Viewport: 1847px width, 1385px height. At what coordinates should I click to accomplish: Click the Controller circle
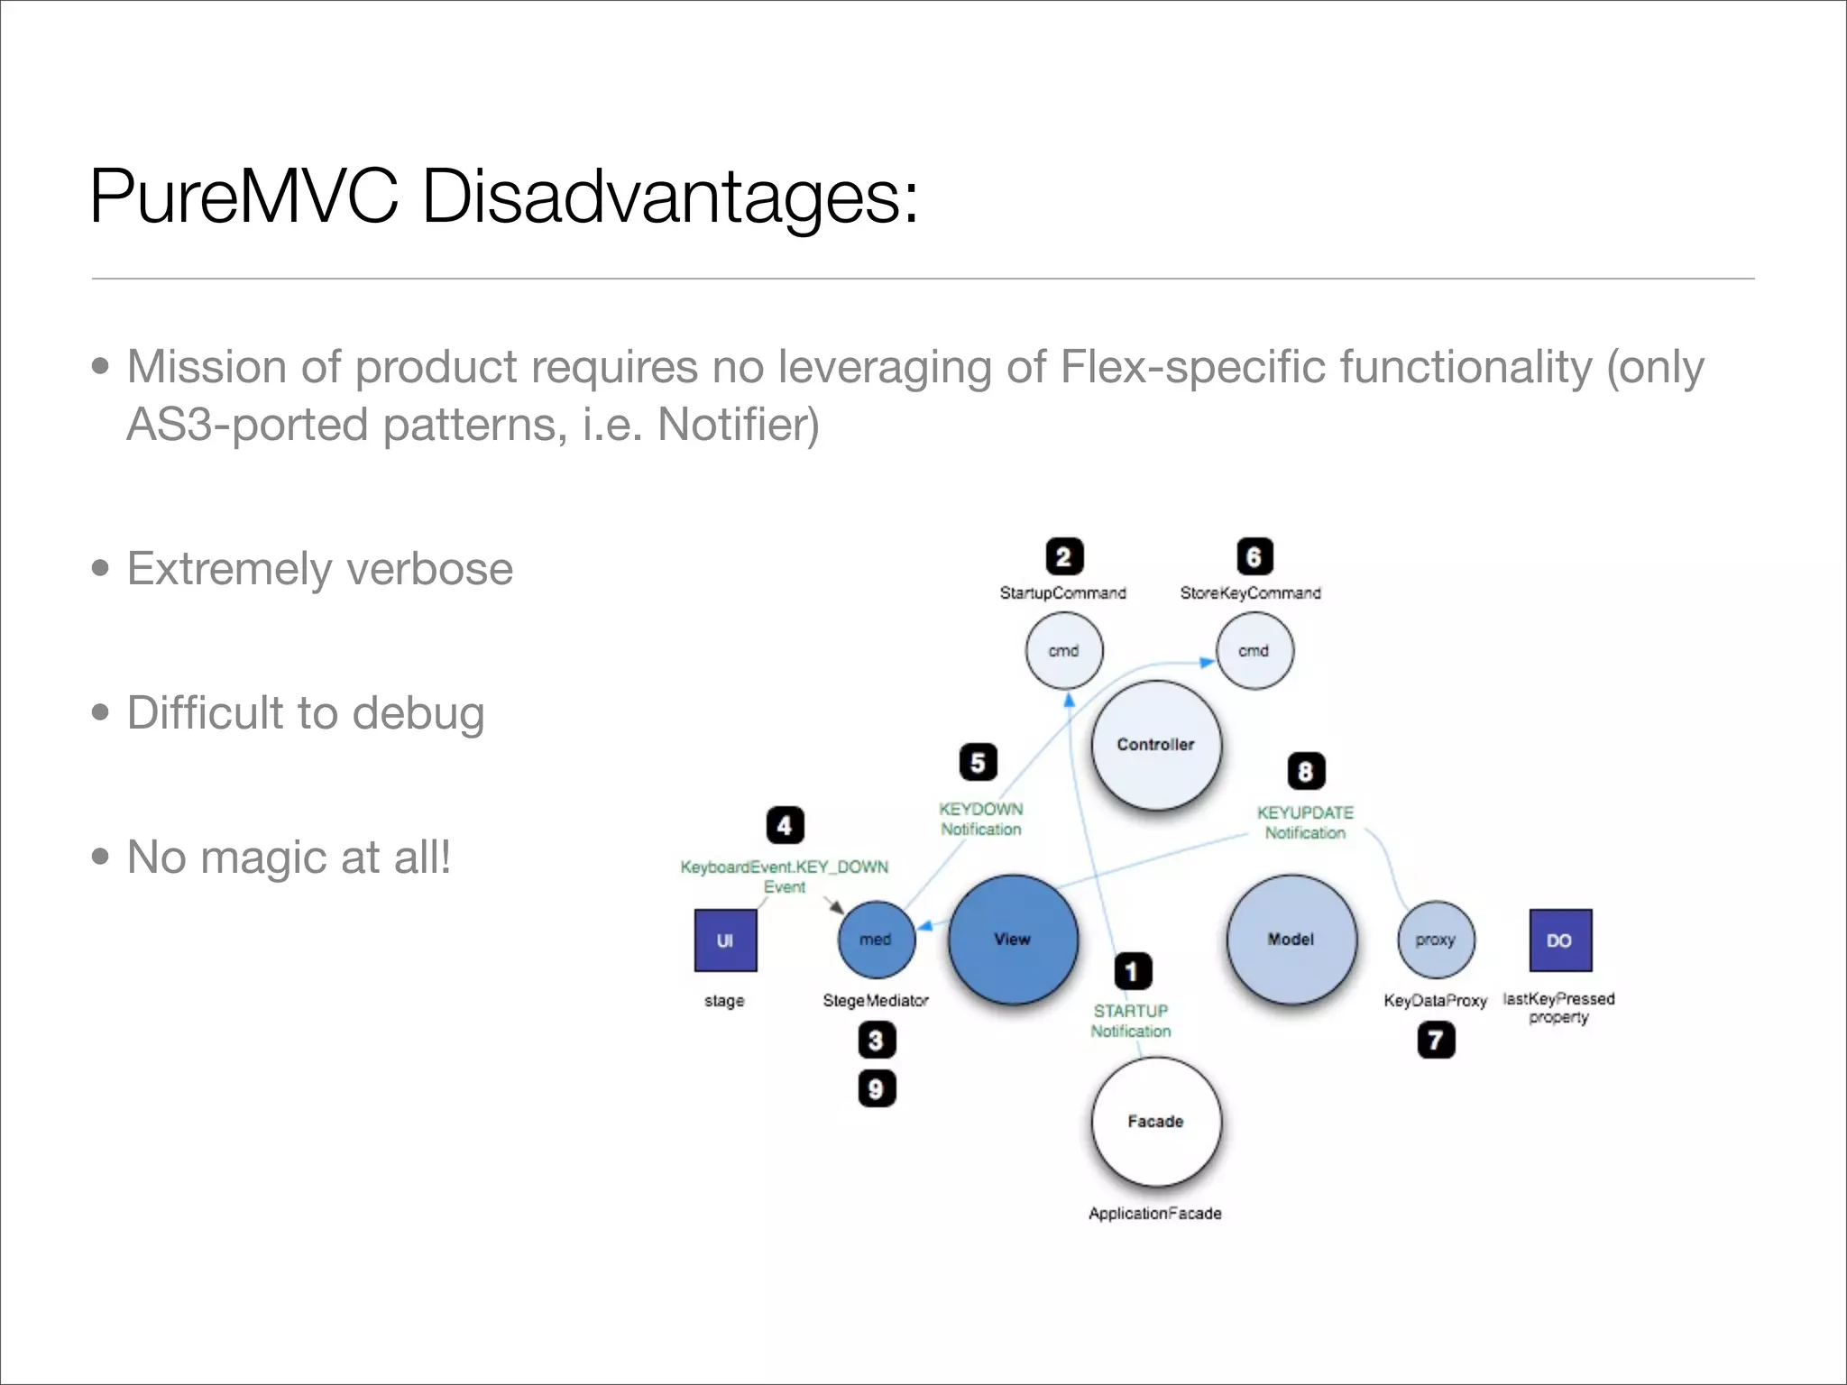(x=1155, y=745)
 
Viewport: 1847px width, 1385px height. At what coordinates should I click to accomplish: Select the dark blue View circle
(x=1013, y=939)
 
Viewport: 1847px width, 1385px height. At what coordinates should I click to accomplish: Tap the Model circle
(x=1291, y=939)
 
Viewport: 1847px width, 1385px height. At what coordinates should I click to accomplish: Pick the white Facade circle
(x=1155, y=1121)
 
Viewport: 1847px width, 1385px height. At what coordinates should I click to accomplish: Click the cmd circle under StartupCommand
(x=1064, y=650)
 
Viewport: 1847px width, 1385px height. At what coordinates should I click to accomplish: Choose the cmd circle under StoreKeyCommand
(x=1254, y=650)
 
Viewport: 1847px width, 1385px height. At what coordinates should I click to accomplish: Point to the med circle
(x=876, y=939)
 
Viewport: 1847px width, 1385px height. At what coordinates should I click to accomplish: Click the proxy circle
(x=1436, y=939)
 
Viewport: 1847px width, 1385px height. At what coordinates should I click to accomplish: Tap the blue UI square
(x=725, y=940)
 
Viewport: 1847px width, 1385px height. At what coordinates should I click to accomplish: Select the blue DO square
(x=1560, y=940)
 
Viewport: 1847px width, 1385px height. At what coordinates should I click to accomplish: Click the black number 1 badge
(x=1132, y=971)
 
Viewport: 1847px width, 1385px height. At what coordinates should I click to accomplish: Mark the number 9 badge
(x=876, y=1088)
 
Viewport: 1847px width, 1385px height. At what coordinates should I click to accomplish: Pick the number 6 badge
(x=1254, y=556)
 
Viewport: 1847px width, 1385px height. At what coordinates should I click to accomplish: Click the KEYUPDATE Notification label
(x=1305, y=822)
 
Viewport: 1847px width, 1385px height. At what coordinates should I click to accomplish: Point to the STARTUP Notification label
(x=1131, y=1021)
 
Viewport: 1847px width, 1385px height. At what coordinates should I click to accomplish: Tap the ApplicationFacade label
(x=1154, y=1213)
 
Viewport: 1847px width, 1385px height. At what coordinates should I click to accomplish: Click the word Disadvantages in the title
(x=669, y=197)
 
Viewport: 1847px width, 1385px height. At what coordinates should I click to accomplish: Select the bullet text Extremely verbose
(x=319, y=569)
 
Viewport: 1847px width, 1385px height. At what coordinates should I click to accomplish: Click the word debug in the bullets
(x=418, y=713)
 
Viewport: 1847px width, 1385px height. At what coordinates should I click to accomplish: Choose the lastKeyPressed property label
(x=1558, y=1007)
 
